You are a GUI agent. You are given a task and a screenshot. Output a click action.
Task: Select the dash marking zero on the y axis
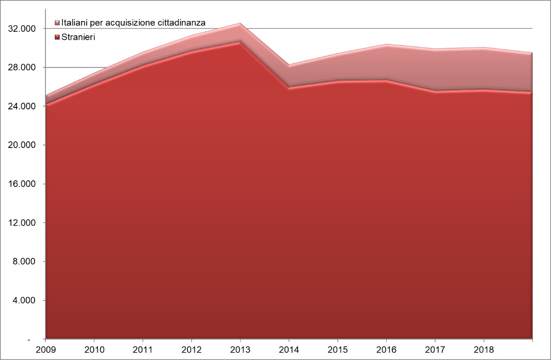tap(28, 339)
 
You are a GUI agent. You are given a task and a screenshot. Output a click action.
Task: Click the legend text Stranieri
tap(78, 37)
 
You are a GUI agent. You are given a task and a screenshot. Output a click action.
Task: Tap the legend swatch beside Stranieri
tap(57, 37)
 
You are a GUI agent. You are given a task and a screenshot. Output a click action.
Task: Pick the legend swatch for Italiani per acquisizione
tap(57, 23)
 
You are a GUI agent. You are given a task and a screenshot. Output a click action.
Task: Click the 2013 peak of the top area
tap(240, 23)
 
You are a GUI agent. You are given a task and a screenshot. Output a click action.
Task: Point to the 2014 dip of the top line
tap(289, 65)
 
